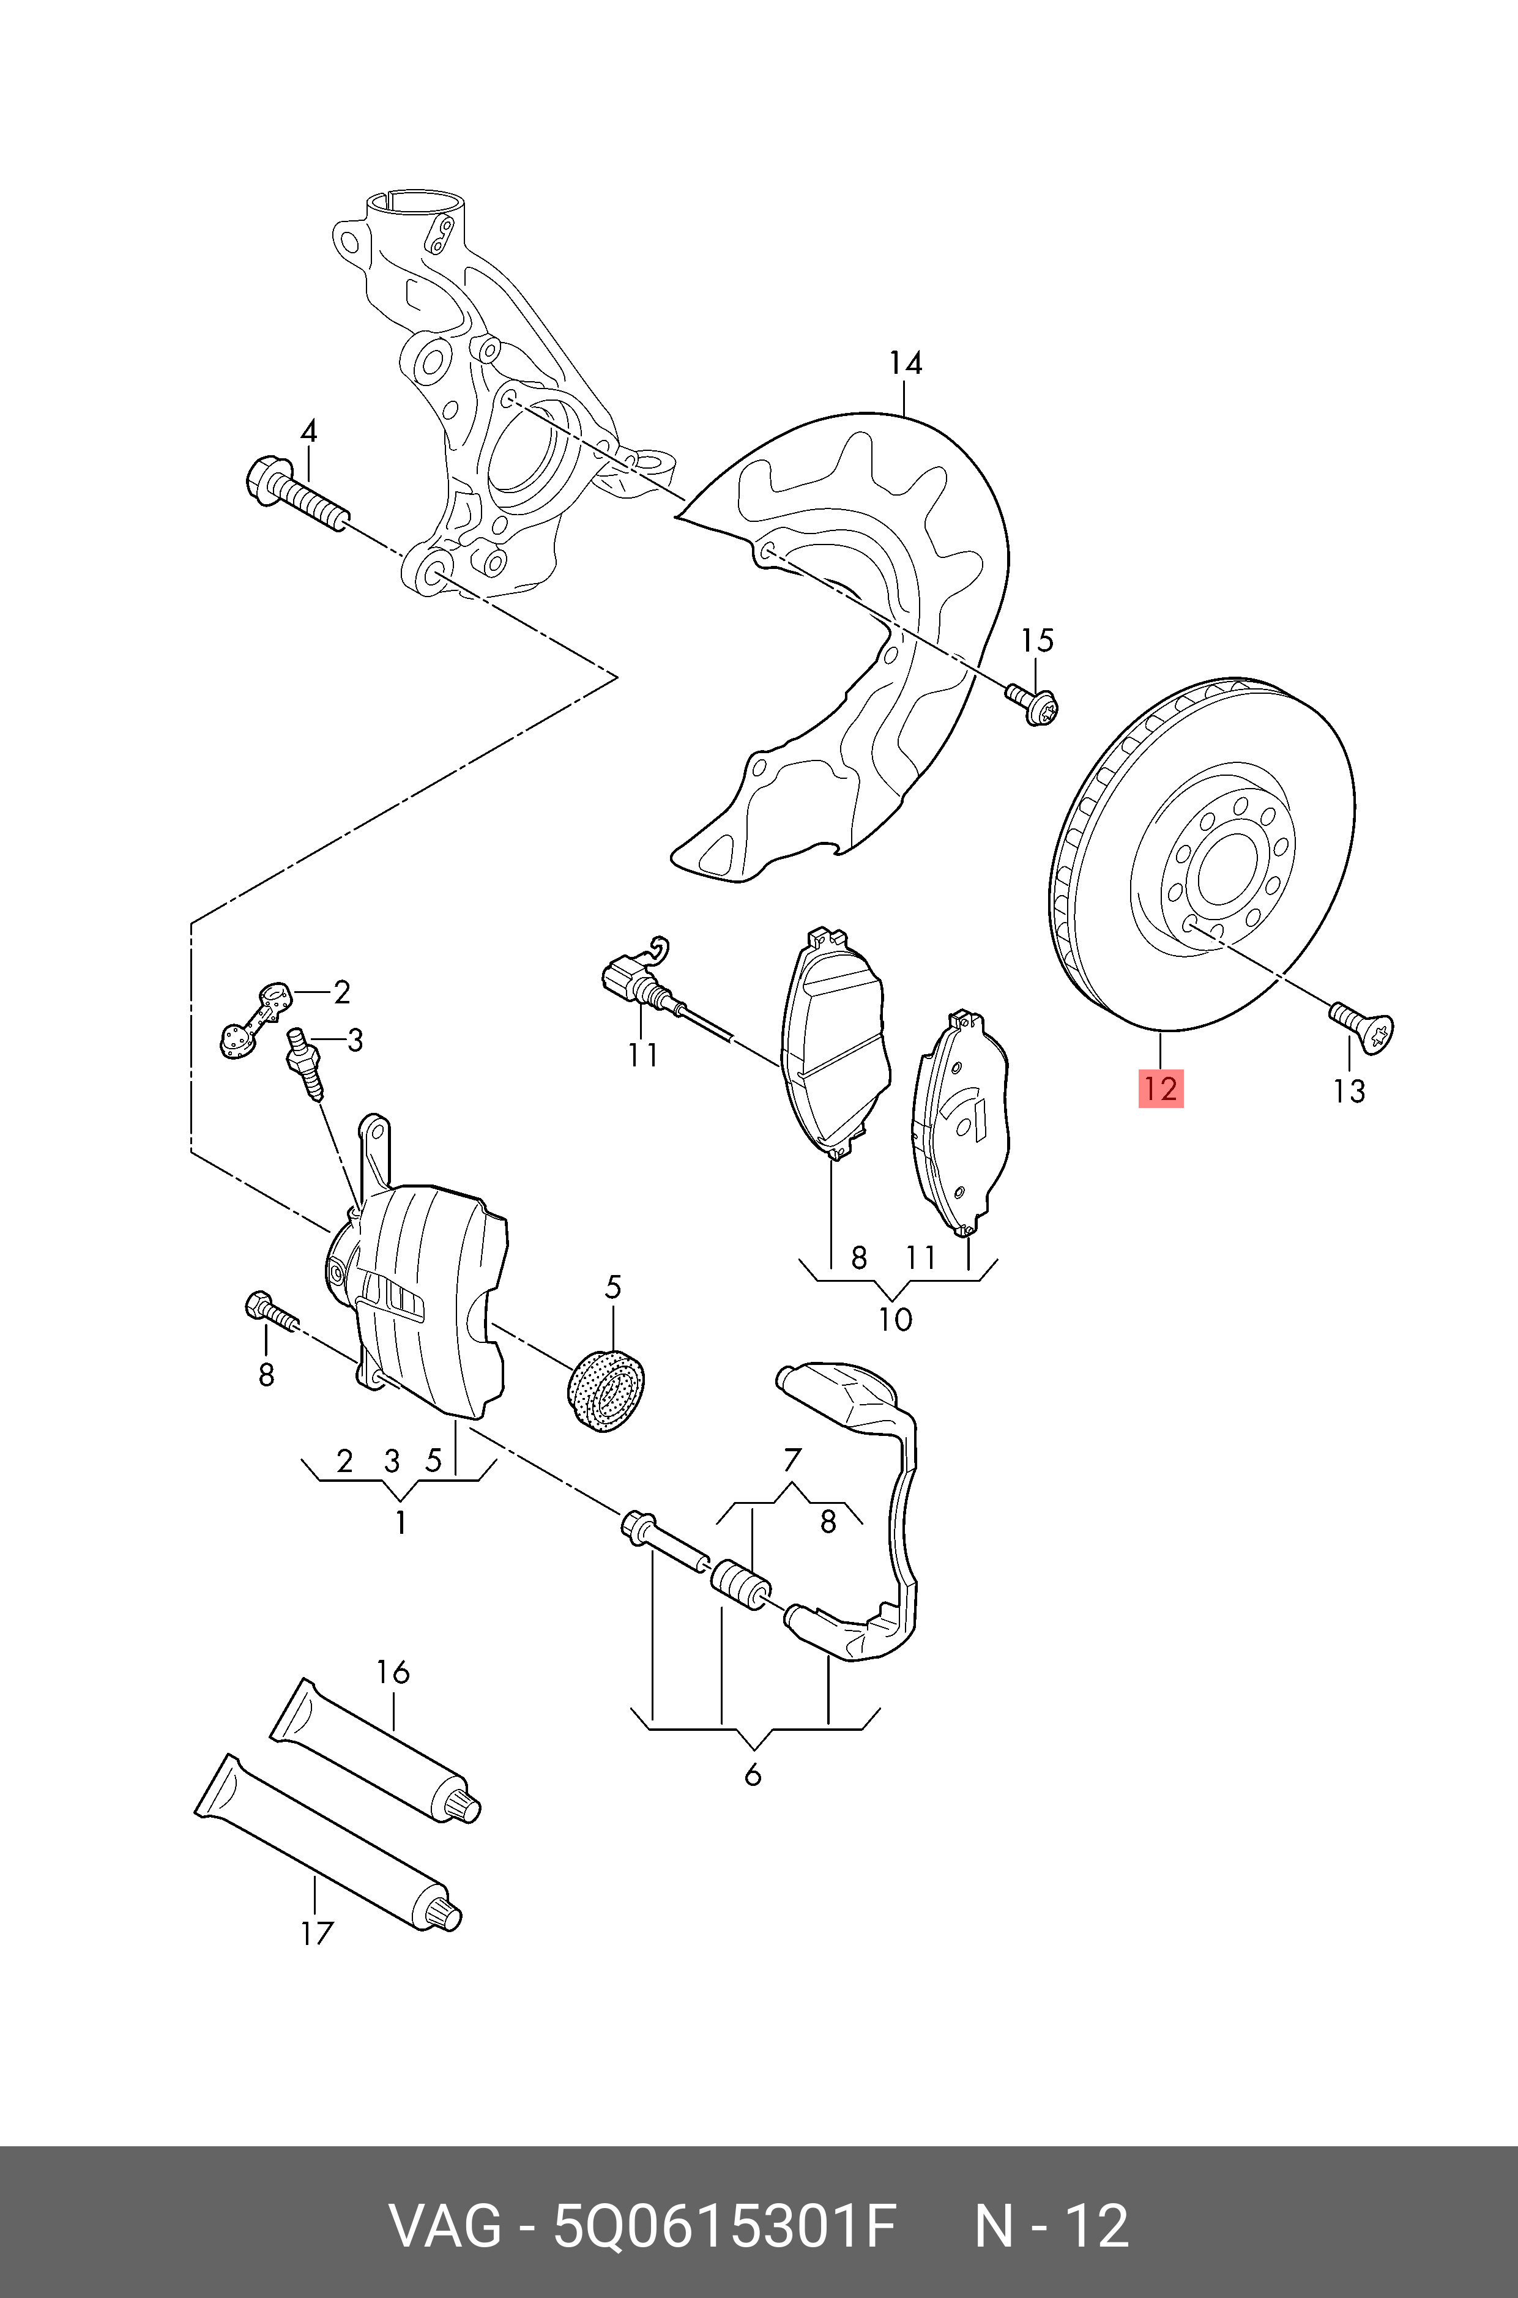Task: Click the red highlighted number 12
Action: (x=1160, y=1089)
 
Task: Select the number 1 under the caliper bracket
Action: (x=400, y=1523)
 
